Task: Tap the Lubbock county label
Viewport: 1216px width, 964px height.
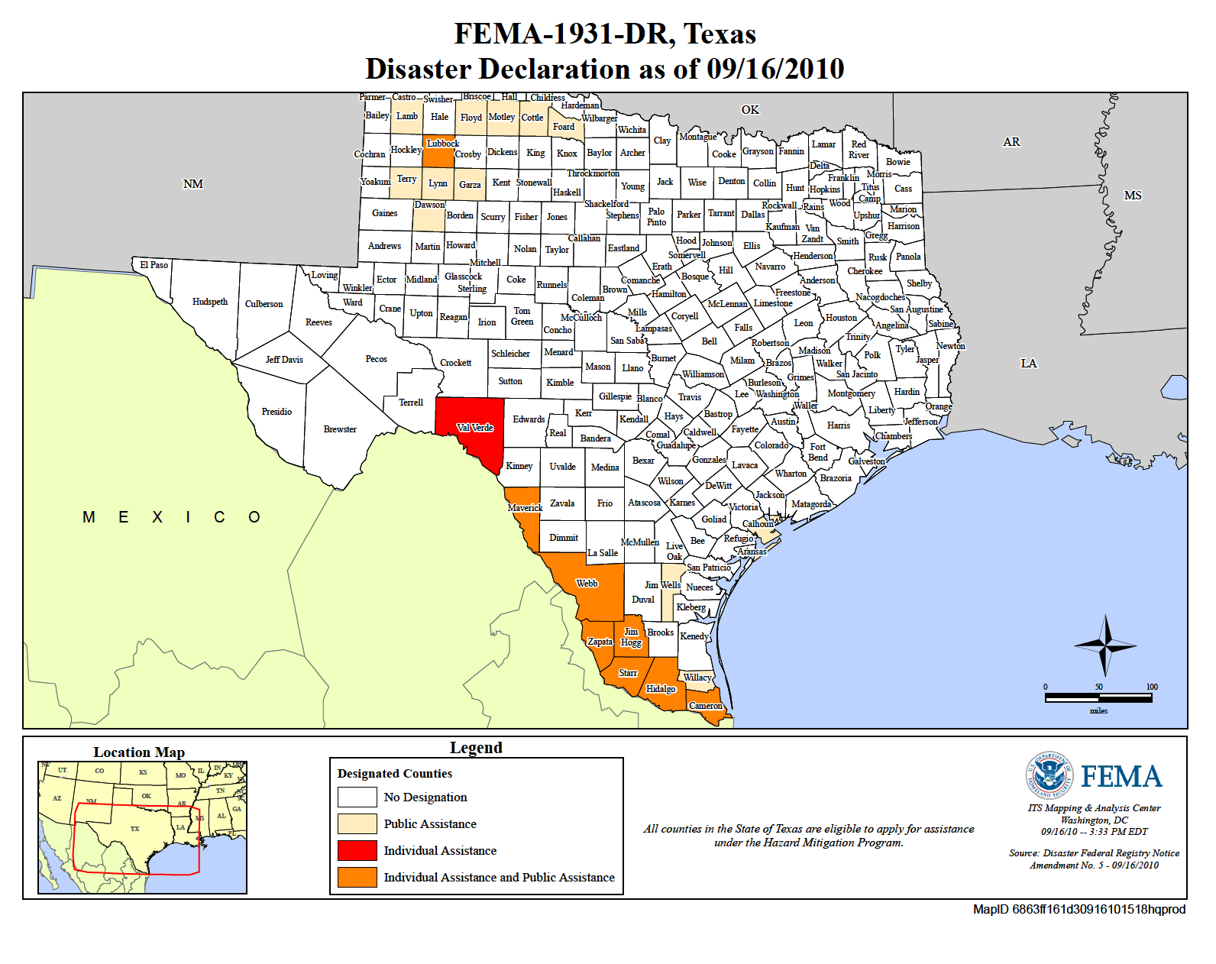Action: tap(442, 144)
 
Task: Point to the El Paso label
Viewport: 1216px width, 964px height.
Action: tap(154, 265)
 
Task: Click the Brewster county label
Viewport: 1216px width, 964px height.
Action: tap(340, 429)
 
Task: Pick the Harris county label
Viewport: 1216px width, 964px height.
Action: tap(838, 425)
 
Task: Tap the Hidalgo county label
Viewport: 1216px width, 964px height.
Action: tap(661, 689)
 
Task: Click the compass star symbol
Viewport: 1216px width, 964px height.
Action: tap(1104, 645)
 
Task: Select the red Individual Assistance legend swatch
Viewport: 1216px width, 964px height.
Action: tap(357, 850)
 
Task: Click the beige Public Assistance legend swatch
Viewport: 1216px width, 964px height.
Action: tap(357, 823)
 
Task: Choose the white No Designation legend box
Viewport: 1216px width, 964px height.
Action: tap(357, 797)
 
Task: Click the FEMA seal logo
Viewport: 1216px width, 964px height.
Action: tap(1049, 775)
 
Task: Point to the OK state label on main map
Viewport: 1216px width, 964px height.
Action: tap(750, 110)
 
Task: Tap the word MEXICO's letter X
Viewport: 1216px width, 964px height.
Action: tap(157, 517)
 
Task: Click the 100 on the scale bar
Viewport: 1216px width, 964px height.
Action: tap(1151, 687)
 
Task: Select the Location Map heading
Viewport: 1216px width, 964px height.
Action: tap(139, 752)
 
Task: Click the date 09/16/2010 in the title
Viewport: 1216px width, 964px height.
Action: tap(775, 69)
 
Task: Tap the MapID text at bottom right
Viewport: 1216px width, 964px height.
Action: tap(1079, 909)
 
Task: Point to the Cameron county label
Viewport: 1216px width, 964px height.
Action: tap(705, 706)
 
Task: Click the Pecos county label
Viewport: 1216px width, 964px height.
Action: tap(376, 359)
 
